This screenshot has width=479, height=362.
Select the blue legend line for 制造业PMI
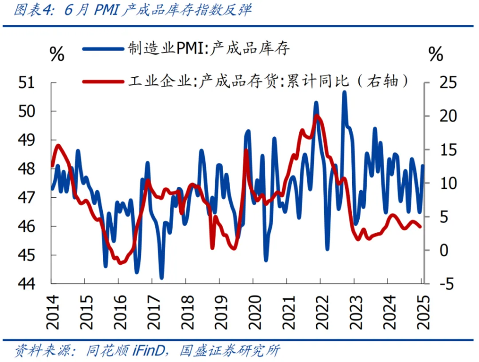102,48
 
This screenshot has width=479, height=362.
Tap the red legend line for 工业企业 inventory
102,81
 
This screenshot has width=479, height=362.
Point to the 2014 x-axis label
52,311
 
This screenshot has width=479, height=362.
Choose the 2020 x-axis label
253,311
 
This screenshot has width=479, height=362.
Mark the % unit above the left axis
57,55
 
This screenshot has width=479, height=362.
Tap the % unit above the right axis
435,55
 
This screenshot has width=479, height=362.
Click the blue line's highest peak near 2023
344,92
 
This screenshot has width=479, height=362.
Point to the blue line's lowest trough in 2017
162,278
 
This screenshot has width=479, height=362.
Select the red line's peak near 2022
318,116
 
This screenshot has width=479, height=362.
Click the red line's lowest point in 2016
121,263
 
